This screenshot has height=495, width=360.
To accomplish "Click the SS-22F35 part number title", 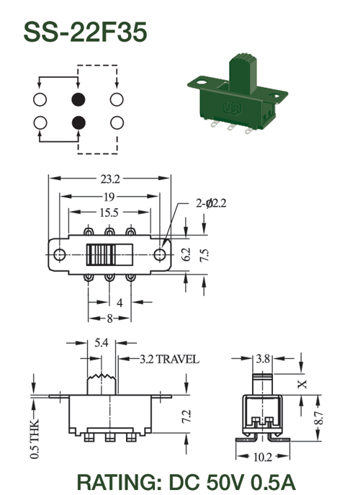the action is click(85, 32).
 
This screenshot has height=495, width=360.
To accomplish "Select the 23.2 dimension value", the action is click(110, 179).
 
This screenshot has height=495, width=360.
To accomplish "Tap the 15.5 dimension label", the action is click(109, 213).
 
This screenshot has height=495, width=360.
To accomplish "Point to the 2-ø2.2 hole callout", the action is click(211, 203).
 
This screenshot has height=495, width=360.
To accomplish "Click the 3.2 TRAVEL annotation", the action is click(170, 360).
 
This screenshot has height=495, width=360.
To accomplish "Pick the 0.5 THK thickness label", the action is click(35, 439).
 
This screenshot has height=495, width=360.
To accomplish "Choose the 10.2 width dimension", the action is click(263, 457).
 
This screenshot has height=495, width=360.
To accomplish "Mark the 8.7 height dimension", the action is click(319, 418).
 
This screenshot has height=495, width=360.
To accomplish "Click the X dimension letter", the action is click(302, 384).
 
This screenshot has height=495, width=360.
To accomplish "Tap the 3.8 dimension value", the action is click(263, 359).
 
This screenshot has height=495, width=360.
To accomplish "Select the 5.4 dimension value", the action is click(102, 342).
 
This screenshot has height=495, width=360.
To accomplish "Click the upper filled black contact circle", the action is click(78, 99).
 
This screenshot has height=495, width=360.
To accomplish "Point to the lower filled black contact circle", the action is click(78, 122).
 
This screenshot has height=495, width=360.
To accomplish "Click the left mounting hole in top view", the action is click(59, 254).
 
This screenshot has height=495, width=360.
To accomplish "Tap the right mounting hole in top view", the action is click(160, 254).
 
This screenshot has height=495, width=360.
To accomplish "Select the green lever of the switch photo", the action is click(243, 74).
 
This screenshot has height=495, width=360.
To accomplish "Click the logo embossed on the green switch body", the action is click(233, 108).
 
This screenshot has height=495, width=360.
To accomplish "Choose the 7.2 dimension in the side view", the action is click(186, 416).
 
